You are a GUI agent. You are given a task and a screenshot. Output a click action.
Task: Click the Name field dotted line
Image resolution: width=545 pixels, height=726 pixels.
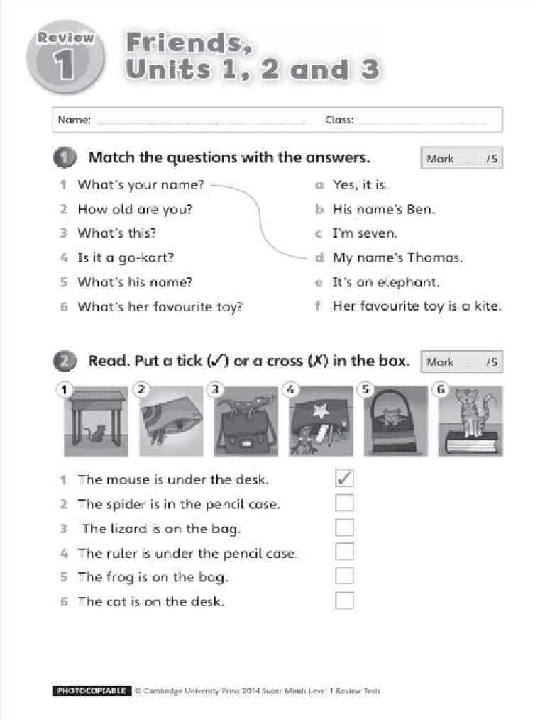(x=202, y=121)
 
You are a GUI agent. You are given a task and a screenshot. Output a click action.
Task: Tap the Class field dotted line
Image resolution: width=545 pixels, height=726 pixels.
(x=422, y=121)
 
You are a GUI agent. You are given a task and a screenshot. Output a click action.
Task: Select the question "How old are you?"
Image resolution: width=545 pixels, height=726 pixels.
(x=135, y=210)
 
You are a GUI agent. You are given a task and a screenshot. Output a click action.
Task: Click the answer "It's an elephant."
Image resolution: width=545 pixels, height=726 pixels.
(x=386, y=282)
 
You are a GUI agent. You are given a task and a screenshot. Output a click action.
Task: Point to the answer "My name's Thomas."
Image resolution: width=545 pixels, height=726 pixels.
(x=397, y=258)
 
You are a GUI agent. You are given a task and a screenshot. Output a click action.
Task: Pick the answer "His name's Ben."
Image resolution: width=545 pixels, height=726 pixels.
(x=384, y=210)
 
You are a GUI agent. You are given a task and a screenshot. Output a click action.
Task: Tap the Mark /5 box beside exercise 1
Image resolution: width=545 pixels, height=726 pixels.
(x=461, y=159)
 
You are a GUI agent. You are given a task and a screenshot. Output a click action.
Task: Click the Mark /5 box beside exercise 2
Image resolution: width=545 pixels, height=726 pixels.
(x=461, y=362)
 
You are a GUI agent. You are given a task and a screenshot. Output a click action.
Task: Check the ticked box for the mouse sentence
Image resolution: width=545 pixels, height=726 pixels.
(x=344, y=479)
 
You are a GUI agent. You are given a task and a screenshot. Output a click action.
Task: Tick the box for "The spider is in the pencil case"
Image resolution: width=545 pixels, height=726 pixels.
(x=344, y=504)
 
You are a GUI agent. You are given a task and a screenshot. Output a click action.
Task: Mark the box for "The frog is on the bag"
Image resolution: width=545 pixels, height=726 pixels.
(x=344, y=576)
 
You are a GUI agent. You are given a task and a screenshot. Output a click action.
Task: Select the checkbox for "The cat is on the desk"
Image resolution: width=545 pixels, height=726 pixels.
(x=344, y=601)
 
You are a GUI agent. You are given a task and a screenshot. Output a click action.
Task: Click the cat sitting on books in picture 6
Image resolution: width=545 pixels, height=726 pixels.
(x=468, y=411)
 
